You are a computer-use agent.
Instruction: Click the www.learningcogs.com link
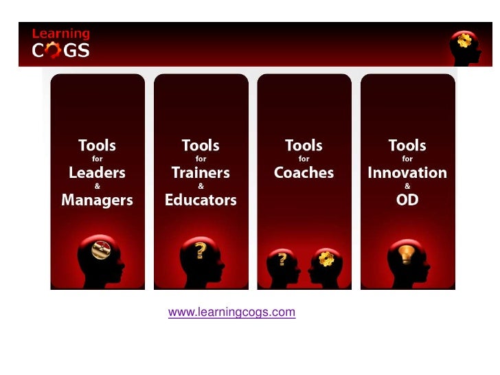[x=231, y=312]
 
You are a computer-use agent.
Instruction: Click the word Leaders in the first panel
[x=97, y=173]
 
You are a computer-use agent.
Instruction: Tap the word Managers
[x=97, y=200]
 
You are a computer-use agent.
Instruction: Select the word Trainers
[x=201, y=173]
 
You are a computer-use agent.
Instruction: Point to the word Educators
[x=201, y=200]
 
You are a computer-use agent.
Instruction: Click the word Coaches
[x=304, y=173]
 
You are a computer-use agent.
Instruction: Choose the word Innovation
[x=407, y=173]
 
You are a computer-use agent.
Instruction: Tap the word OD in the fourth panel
[x=407, y=200]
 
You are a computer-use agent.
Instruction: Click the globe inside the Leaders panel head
[x=101, y=249]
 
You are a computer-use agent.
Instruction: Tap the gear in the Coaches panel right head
[x=326, y=259]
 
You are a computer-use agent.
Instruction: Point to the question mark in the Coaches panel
[x=282, y=260]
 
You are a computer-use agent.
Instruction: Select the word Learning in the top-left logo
[x=61, y=33]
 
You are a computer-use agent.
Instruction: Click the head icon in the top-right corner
[x=464, y=45]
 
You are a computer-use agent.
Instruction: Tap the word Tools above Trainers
[x=201, y=146]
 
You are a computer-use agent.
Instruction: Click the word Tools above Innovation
[x=407, y=146]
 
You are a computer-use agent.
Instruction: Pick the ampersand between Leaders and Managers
[x=97, y=186]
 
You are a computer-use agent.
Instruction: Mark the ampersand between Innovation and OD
[x=407, y=186]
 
